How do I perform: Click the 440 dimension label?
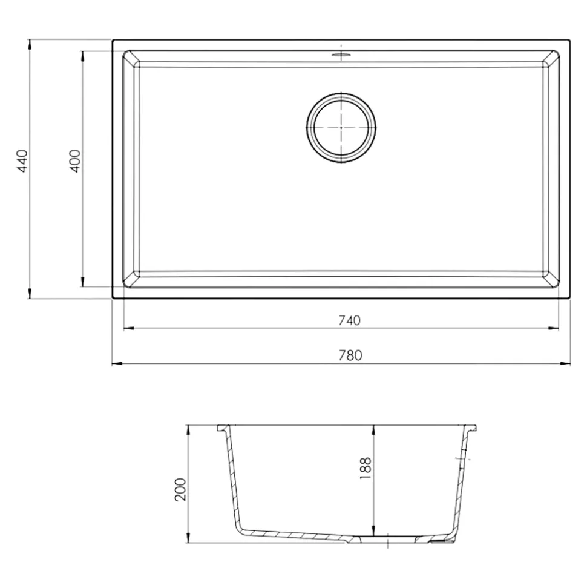click(22, 161)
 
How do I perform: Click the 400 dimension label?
click(75, 161)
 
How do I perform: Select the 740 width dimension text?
click(350, 320)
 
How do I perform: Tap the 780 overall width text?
click(350, 355)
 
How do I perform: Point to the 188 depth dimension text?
click(365, 468)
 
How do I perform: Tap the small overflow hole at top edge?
click(341, 55)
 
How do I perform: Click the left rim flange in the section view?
click(221, 428)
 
